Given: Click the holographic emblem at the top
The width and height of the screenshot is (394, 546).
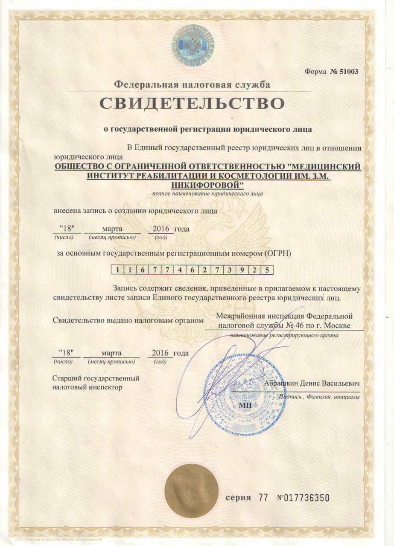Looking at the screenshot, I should (193, 45).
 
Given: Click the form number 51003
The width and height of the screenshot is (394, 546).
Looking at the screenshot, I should (344, 71).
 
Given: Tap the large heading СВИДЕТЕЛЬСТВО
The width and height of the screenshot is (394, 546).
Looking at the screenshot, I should (192, 104).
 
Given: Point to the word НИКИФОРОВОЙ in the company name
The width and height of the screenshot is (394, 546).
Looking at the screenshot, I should (207, 184).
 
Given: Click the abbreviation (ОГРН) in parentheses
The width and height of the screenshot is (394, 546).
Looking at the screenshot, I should (277, 253).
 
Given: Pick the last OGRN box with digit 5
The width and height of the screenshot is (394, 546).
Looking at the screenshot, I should (267, 270).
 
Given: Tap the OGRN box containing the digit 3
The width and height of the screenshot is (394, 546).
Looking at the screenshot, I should (229, 270).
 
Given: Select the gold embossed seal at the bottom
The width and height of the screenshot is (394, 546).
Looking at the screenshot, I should (192, 491).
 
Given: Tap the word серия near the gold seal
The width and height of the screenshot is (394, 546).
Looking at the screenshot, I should (238, 498).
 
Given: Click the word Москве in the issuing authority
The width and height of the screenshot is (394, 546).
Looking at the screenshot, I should (337, 325).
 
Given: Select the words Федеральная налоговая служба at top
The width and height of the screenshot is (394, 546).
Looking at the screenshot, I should (192, 84).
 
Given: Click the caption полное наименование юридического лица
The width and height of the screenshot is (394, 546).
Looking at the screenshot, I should (207, 194).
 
